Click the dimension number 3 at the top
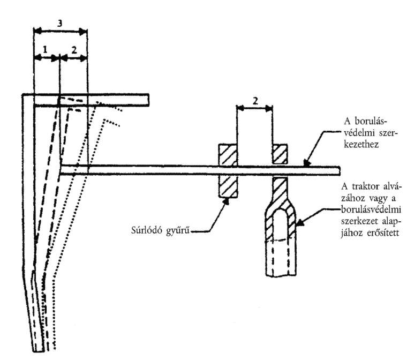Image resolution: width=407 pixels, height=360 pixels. pos(59,24)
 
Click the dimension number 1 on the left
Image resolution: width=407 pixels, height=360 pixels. pos(45,49)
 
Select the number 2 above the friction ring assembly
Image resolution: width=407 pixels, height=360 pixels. pos(255,101)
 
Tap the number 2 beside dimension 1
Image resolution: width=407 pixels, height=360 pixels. pos(74,50)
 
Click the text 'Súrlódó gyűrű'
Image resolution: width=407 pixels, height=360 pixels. pos(161,230)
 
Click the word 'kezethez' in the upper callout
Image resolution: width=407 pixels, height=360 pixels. pos(361,144)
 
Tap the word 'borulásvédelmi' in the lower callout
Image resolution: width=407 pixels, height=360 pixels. pos(371,209)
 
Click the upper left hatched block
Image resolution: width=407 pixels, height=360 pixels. pos(228,154)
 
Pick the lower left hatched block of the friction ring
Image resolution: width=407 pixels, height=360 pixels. pos(228,187)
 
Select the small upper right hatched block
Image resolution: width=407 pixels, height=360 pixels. pos(280,154)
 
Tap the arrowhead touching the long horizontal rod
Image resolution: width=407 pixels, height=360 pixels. pos(306,163)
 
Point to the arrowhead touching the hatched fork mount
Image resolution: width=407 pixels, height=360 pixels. pos(299,223)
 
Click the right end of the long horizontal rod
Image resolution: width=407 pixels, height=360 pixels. pos(340,171)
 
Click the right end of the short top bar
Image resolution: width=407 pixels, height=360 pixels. pos(148,100)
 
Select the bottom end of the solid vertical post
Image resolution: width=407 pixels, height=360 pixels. pos(39,351)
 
